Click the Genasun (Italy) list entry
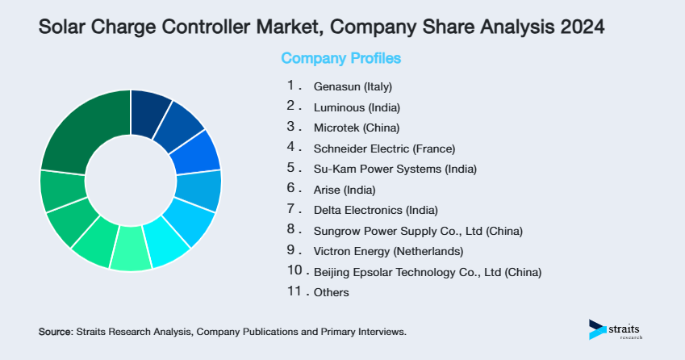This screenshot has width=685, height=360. click(x=353, y=86)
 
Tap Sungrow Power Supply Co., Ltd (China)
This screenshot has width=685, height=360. click(x=418, y=231)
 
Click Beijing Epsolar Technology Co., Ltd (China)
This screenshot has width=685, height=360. click(x=427, y=272)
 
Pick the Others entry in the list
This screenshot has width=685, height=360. click(x=332, y=292)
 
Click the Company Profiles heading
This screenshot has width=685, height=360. click(x=340, y=58)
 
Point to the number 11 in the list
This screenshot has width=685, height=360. click(x=294, y=291)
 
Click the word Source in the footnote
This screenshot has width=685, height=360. click(x=55, y=332)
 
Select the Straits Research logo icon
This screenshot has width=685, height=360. click(x=598, y=329)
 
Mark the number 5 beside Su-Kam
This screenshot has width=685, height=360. click(x=292, y=168)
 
